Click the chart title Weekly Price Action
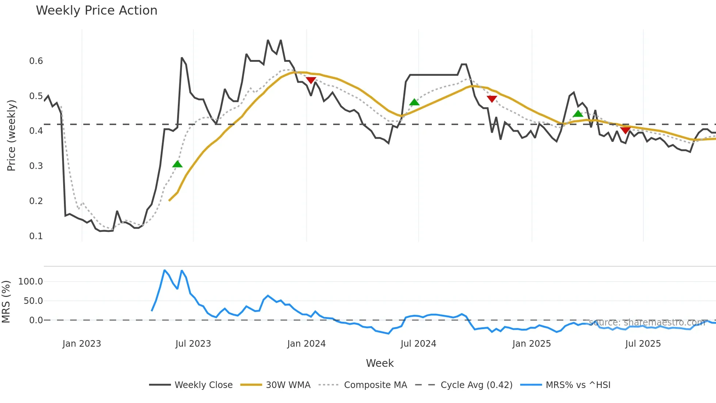click(x=96, y=11)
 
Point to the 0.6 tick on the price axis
click(x=36, y=61)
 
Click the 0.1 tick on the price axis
click(x=36, y=236)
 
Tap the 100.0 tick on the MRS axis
click(x=31, y=282)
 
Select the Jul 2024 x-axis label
click(x=418, y=344)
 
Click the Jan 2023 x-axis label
click(x=82, y=344)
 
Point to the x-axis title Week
click(x=380, y=363)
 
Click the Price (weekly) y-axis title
click(x=11, y=135)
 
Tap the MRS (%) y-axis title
click(x=6, y=302)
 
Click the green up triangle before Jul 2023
click(x=177, y=164)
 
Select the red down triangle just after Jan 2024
click(x=311, y=80)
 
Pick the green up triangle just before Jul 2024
click(x=414, y=102)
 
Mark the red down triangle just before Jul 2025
click(x=625, y=130)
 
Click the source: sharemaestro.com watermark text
click(x=647, y=323)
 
